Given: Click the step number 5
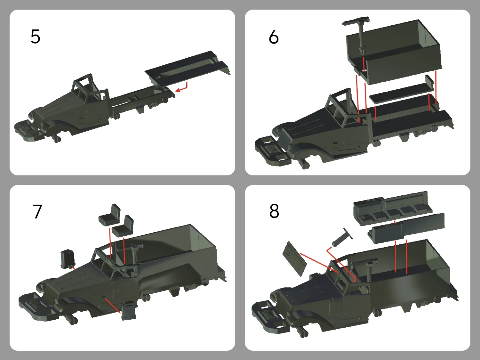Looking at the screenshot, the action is point(36,37).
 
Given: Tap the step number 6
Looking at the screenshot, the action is point(274,37).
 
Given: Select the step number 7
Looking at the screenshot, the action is point(37,211).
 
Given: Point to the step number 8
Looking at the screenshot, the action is point(274,211).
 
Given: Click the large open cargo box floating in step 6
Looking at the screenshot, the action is point(394,53).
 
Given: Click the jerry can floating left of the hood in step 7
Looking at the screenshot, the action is point(67,259).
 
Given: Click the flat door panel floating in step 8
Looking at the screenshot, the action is point(295,259).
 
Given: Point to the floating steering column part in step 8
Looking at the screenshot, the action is point(342,237).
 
